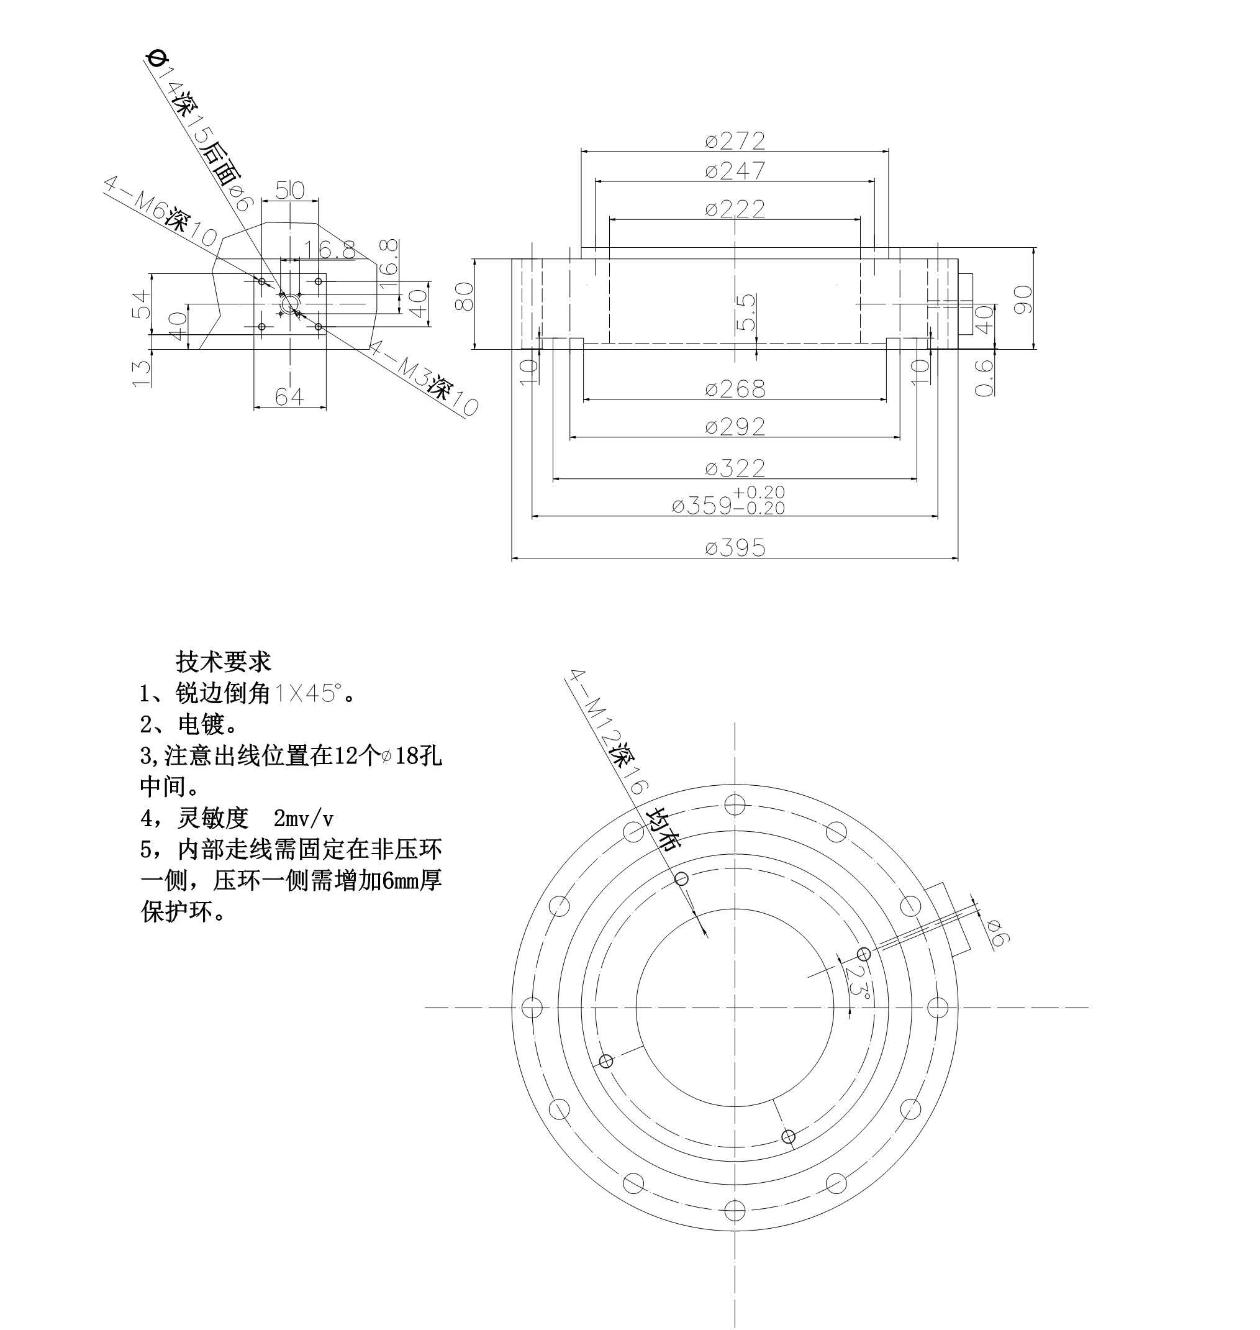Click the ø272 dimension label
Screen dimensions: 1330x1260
tap(735, 140)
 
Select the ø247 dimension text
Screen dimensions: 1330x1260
tap(735, 171)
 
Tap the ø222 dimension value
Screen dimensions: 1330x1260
tap(735, 209)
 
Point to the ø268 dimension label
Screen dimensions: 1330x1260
tap(735, 389)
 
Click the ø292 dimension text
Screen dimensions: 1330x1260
tap(735, 427)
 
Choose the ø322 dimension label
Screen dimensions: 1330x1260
tap(735, 468)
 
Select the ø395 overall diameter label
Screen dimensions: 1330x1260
tap(735, 548)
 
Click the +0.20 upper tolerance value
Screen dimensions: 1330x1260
tap(758, 493)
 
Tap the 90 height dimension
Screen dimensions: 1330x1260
tap(1022, 299)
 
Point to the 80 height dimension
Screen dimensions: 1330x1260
tap(464, 296)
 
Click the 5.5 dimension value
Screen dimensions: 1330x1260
tap(746, 312)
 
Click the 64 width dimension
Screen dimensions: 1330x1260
tap(289, 397)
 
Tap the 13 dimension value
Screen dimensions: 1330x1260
tap(142, 373)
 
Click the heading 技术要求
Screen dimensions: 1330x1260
tap(223, 662)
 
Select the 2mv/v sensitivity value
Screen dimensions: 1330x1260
tap(304, 819)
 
